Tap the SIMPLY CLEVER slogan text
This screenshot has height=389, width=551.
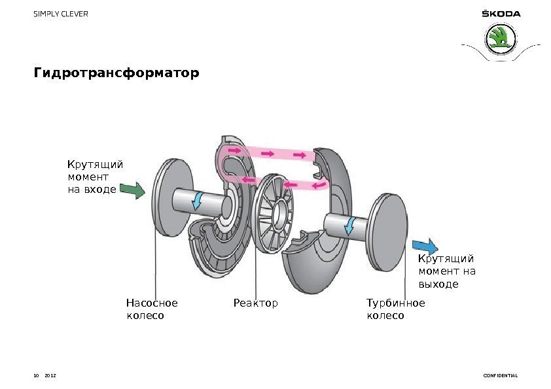click(x=61, y=14)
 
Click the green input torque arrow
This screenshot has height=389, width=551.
click(x=133, y=190)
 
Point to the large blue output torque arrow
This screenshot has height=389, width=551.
click(x=425, y=247)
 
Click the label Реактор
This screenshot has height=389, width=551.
click(x=256, y=303)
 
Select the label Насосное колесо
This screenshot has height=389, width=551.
click(x=151, y=309)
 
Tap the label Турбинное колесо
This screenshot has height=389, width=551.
click(x=395, y=309)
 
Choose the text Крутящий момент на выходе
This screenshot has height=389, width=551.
click(x=446, y=272)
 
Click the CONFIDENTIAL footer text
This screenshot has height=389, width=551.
click(x=500, y=376)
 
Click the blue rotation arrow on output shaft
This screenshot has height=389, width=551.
click(x=351, y=226)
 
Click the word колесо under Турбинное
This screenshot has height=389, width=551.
click(x=385, y=316)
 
